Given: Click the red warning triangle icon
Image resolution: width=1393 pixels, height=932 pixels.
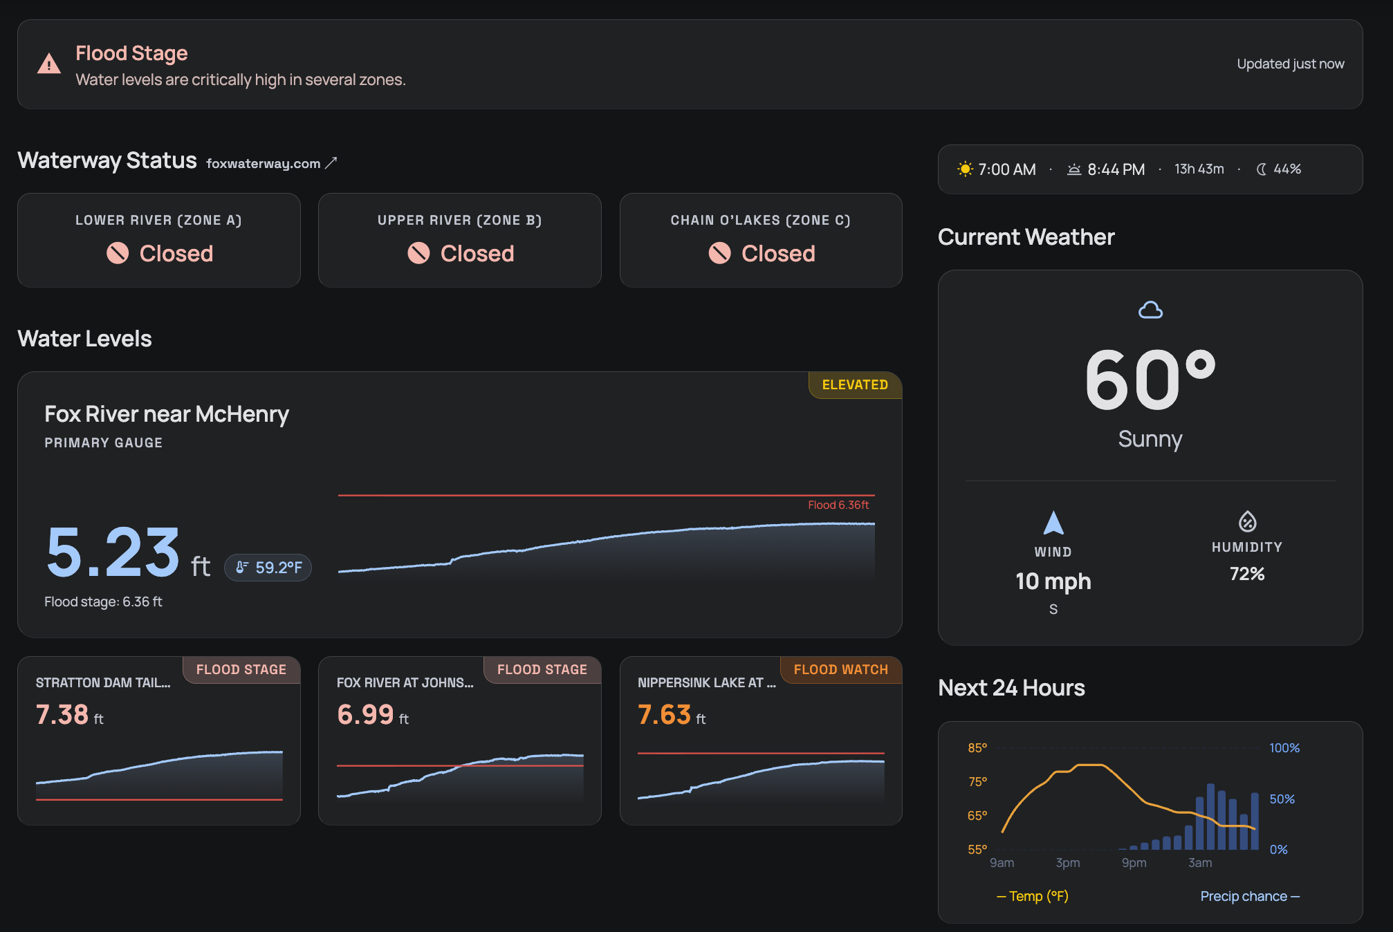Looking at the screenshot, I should pyautogui.click(x=49, y=64).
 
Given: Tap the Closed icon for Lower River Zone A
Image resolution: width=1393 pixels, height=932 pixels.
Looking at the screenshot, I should pyautogui.click(x=118, y=253).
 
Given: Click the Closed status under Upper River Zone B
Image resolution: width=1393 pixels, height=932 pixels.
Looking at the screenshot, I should pyautogui.click(x=477, y=253).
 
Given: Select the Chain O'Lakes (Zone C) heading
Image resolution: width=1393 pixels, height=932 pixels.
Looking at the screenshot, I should pyautogui.click(x=760, y=220).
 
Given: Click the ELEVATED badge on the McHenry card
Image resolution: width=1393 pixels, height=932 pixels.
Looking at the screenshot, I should pyautogui.click(x=854, y=385).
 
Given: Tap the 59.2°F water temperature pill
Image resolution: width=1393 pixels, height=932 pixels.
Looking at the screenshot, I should pyautogui.click(x=268, y=568).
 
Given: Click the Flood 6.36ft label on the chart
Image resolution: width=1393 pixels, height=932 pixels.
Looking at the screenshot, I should pyautogui.click(x=838, y=505).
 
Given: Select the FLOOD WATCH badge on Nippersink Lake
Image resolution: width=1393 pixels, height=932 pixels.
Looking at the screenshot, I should pyautogui.click(x=840, y=669).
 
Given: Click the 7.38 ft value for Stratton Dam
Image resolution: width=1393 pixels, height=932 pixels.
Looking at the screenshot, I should pyautogui.click(x=69, y=715).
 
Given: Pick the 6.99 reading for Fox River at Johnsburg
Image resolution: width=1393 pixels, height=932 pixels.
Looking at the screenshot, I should pyautogui.click(x=372, y=715).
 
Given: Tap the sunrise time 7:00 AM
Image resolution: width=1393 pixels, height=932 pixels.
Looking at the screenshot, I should pyautogui.click(x=1006, y=169).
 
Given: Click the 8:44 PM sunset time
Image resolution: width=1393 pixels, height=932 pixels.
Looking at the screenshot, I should pyautogui.click(x=1115, y=169).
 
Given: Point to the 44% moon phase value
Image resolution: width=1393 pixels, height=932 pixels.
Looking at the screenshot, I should pyautogui.click(x=1286, y=169).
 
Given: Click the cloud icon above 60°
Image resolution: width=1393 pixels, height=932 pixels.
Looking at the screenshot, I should pyautogui.click(x=1150, y=310).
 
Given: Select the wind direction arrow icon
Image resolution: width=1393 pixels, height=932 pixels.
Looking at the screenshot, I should pyautogui.click(x=1053, y=523).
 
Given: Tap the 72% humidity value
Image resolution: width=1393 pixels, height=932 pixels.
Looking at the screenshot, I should pyautogui.click(x=1246, y=574).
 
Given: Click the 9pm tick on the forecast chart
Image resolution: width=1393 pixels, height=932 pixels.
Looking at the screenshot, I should pyautogui.click(x=1134, y=863).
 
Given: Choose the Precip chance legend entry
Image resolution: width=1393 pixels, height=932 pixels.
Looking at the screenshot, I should pyautogui.click(x=1249, y=896).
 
